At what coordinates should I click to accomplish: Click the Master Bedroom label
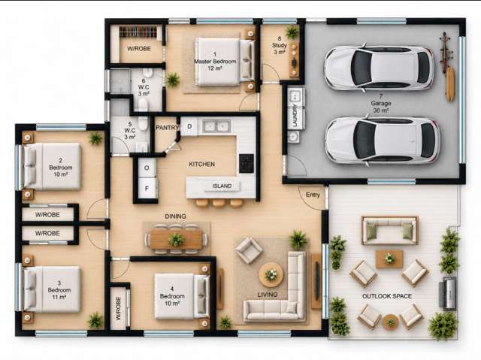pyautogui.click(x=215, y=62)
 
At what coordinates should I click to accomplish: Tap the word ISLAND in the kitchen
pyautogui.click(x=222, y=186)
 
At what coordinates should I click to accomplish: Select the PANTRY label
pyautogui.click(x=167, y=128)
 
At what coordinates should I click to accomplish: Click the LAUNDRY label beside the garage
pyautogui.click(x=295, y=116)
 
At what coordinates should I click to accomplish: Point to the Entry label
pyautogui.click(x=313, y=195)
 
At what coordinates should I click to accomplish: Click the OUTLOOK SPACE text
pyautogui.click(x=387, y=296)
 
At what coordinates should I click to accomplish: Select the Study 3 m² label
pyautogui.click(x=280, y=45)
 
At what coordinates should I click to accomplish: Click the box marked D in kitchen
pyautogui.click(x=189, y=126)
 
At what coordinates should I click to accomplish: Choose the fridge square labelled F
pyautogui.click(x=147, y=188)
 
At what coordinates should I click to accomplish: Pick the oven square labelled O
pyautogui.click(x=147, y=168)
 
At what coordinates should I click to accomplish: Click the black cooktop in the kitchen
pyautogui.click(x=247, y=163)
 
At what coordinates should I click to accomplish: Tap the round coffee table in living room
pyautogui.click(x=271, y=275)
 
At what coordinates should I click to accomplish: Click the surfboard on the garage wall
pyautogui.click(x=450, y=84)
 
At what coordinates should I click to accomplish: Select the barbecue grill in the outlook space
pyautogui.click(x=448, y=293)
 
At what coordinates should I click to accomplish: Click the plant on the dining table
pyautogui.click(x=177, y=240)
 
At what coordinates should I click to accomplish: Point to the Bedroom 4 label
pyautogui.click(x=172, y=296)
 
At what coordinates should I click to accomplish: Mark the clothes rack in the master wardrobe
pyautogui.click(x=138, y=32)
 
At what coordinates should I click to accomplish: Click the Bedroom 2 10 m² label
pyautogui.click(x=61, y=168)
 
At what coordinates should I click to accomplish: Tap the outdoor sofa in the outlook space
pyautogui.click(x=389, y=230)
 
